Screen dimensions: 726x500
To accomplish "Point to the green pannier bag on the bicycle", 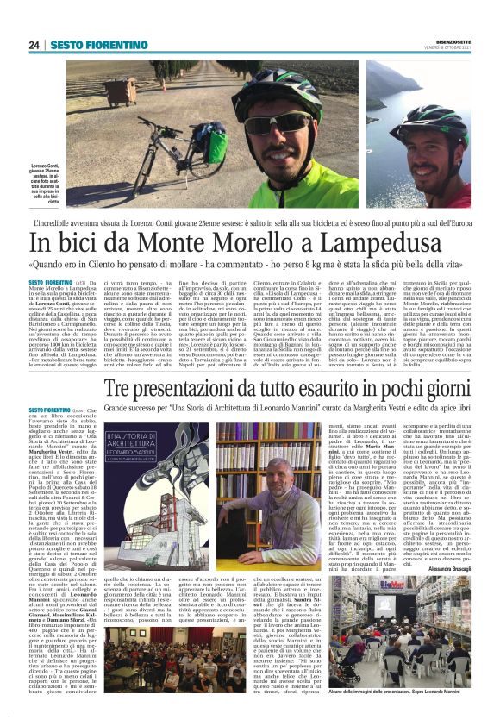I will [x=216, y=146].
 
